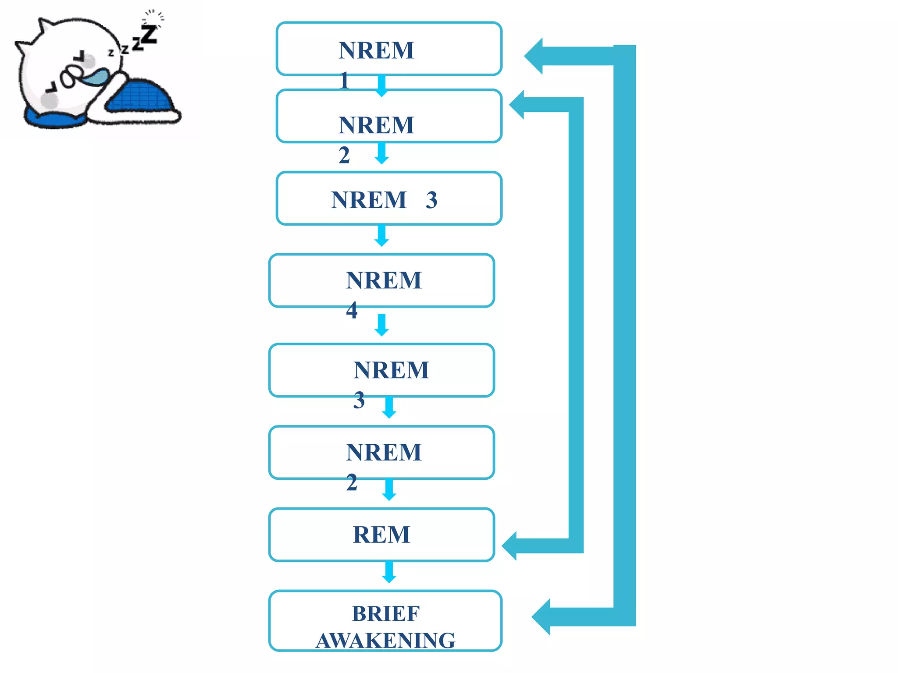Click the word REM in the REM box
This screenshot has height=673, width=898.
click(381, 535)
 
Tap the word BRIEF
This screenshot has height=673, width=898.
click(385, 613)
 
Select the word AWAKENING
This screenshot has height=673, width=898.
click(385, 641)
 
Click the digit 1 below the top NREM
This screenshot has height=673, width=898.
click(344, 81)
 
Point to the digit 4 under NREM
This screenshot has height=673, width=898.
click(351, 310)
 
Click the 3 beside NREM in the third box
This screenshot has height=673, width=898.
click(431, 200)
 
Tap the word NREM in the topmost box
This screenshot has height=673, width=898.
click(376, 50)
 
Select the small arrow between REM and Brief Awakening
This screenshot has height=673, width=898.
click(389, 572)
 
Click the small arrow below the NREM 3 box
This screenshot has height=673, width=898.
click(381, 236)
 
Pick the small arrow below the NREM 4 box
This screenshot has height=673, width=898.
click(381, 325)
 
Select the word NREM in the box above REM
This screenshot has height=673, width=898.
click(384, 452)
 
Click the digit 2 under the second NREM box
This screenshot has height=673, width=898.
click(344, 155)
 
